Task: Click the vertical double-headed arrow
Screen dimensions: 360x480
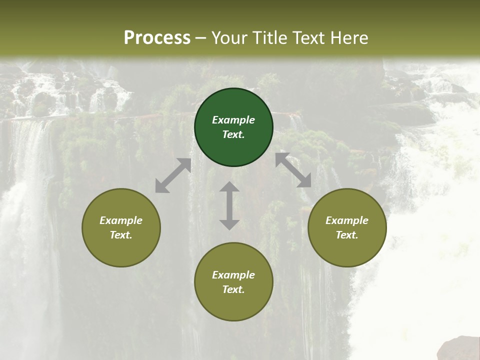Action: click(x=229, y=205)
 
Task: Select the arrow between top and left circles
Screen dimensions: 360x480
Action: click(x=173, y=175)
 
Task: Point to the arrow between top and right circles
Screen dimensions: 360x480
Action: click(x=293, y=170)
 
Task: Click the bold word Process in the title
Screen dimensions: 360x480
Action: click(x=157, y=37)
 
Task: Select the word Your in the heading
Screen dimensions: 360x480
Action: click(x=228, y=37)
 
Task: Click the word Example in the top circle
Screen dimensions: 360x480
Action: click(x=233, y=120)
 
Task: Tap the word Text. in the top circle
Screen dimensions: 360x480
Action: click(x=233, y=134)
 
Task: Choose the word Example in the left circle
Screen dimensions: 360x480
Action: click(x=121, y=220)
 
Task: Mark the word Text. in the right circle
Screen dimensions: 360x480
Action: click(x=347, y=235)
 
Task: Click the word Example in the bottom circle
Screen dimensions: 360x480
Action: click(x=233, y=275)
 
